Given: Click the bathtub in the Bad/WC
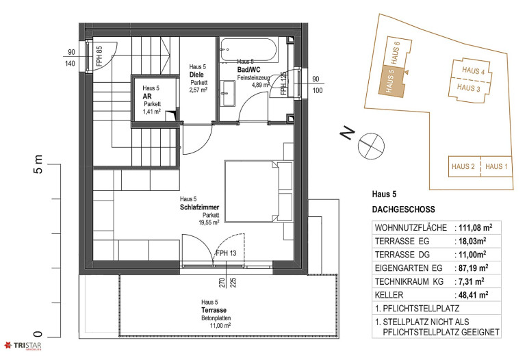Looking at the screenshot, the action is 249,50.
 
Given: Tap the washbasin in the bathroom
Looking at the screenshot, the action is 228,93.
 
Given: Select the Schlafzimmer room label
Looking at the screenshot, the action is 199,207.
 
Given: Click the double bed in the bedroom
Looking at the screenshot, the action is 259,191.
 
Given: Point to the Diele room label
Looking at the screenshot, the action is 196,75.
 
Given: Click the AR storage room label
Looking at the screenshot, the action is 147,96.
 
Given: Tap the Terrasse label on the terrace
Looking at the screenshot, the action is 214,310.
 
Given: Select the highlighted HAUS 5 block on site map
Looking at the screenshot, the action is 391,81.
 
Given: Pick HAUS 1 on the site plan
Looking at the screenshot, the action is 496,166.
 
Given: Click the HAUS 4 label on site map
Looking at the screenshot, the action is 473,70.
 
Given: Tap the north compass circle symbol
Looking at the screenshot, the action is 371,146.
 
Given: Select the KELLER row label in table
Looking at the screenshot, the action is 389,295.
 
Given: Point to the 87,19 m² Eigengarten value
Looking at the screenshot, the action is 473,268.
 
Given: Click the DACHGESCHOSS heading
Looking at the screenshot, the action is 403,209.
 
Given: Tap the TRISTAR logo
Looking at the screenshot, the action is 23,346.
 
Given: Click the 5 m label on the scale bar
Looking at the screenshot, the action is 38,164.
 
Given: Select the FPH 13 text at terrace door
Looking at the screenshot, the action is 226,253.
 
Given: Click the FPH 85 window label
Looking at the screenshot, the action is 99,56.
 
